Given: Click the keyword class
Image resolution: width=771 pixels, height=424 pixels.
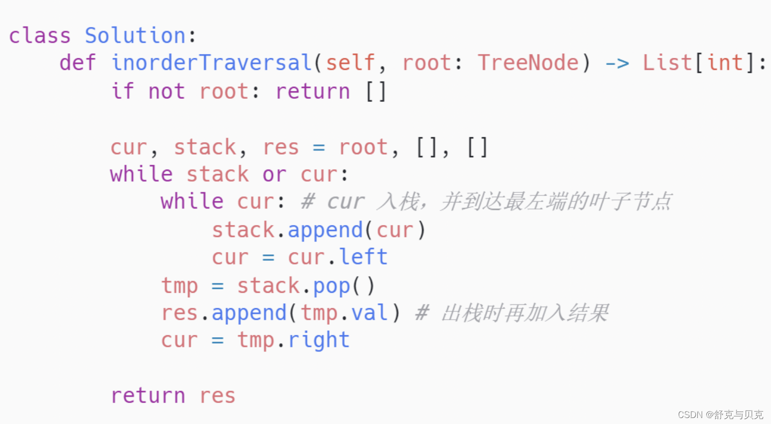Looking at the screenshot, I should [40, 36].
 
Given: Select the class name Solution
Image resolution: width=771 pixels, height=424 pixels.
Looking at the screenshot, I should [135, 36].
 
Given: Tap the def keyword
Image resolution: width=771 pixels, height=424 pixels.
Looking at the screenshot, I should [77, 63].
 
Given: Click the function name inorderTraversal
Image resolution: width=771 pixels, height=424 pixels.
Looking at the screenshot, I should [212, 63].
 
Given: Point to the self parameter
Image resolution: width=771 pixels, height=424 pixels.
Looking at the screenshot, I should [350, 63].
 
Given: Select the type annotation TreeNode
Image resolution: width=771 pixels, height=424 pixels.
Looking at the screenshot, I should [528, 63].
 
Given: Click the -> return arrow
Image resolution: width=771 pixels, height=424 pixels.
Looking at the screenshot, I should [617, 64].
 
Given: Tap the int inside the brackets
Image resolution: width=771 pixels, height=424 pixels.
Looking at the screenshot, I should [725, 63].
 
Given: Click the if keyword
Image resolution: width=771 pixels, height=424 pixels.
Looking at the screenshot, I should [122, 91].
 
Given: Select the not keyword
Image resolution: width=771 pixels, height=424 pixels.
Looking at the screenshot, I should [166, 91].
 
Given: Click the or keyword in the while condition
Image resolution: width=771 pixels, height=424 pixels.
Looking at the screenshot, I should [274, 175].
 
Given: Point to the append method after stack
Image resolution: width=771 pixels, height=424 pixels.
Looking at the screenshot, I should [325, 230].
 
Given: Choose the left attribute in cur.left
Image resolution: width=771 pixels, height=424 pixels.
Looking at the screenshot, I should [363, 257].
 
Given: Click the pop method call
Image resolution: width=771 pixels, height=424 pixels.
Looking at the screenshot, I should [332, 286].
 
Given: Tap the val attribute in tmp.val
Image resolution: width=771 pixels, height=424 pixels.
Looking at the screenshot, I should [369, 313].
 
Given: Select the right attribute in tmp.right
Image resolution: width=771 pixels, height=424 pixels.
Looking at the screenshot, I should [319, 341].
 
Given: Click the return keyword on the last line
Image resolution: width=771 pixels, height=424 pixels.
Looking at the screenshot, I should [148, 396].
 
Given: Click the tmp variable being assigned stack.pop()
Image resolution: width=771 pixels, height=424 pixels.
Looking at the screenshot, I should [179, 286].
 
